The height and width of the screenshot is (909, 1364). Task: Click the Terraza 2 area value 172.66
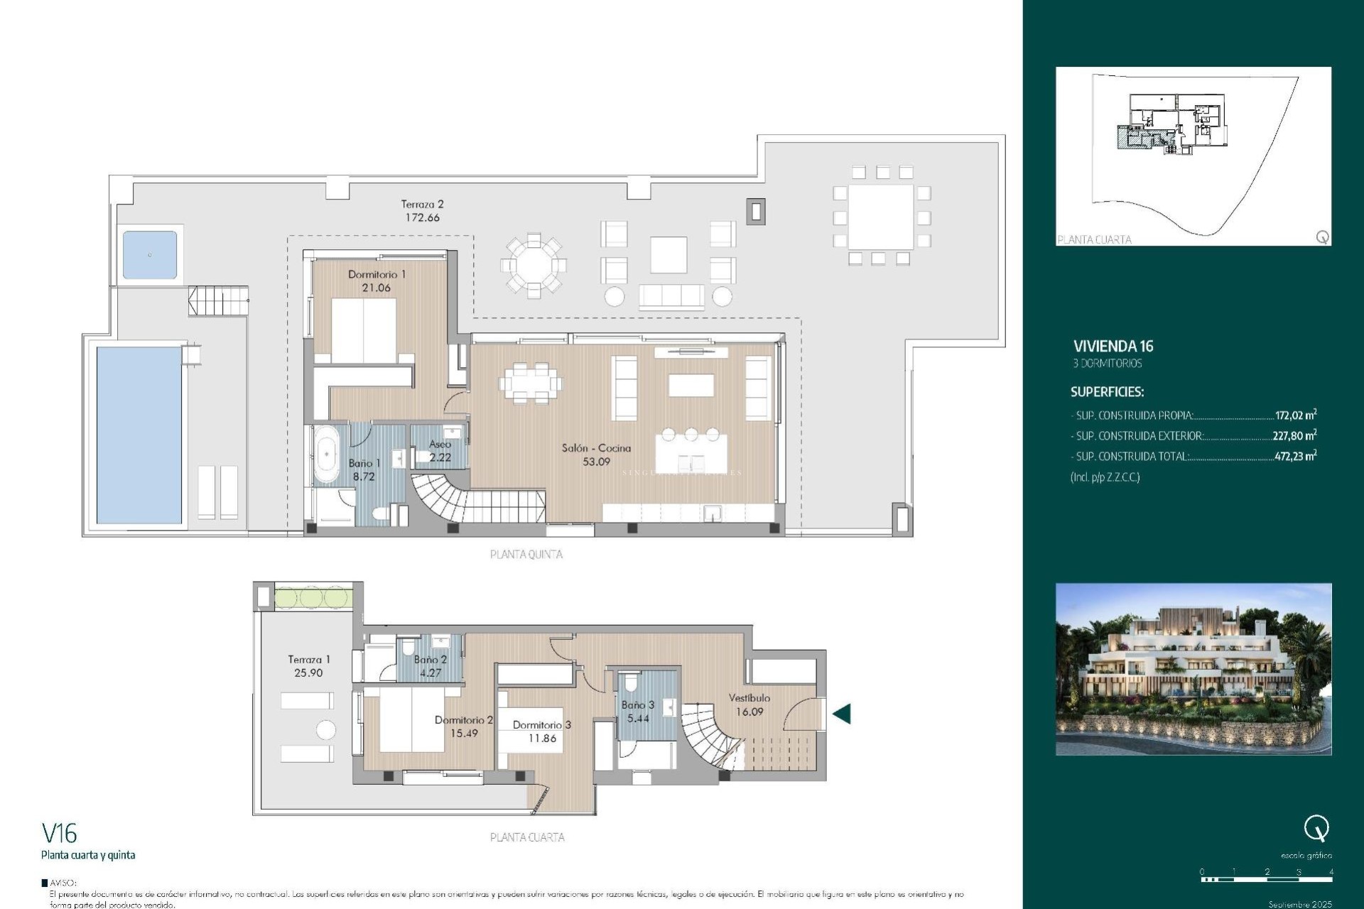coord(422,218)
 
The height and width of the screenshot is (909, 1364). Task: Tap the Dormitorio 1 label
coord(377,274)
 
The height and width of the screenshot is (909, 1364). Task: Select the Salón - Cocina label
coord(596,448)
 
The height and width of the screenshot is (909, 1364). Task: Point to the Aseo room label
coord(440,444)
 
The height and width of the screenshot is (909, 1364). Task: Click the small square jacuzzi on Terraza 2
coord(150,255)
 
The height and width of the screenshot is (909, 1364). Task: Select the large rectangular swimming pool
coord(139,435)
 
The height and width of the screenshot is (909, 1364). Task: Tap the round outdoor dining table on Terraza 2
coord(533,266)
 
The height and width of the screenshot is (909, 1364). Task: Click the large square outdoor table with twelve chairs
coord(881,216)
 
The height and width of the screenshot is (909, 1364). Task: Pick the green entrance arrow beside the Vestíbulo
coord(843,714)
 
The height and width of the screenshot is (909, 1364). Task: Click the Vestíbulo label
coord(749,698)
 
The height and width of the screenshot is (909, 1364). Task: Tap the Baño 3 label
coord(637,705)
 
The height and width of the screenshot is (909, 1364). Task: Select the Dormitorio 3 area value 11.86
coord(542,739)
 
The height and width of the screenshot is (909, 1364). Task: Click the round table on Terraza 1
coord(325,730)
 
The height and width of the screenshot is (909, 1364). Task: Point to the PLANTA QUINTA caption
coord(526,555)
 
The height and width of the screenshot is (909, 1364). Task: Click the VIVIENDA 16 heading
coord(1113,347)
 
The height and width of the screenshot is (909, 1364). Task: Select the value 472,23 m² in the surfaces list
coord(1294,457)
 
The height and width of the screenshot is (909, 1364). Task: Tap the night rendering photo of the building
coord(1193,669)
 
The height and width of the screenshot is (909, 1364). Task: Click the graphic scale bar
coord(1266,880)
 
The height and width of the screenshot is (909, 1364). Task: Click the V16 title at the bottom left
coord(60,833)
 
